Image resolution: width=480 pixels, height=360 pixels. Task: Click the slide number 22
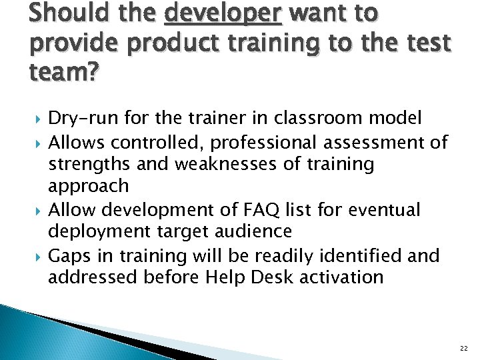[x=463, y=347]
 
